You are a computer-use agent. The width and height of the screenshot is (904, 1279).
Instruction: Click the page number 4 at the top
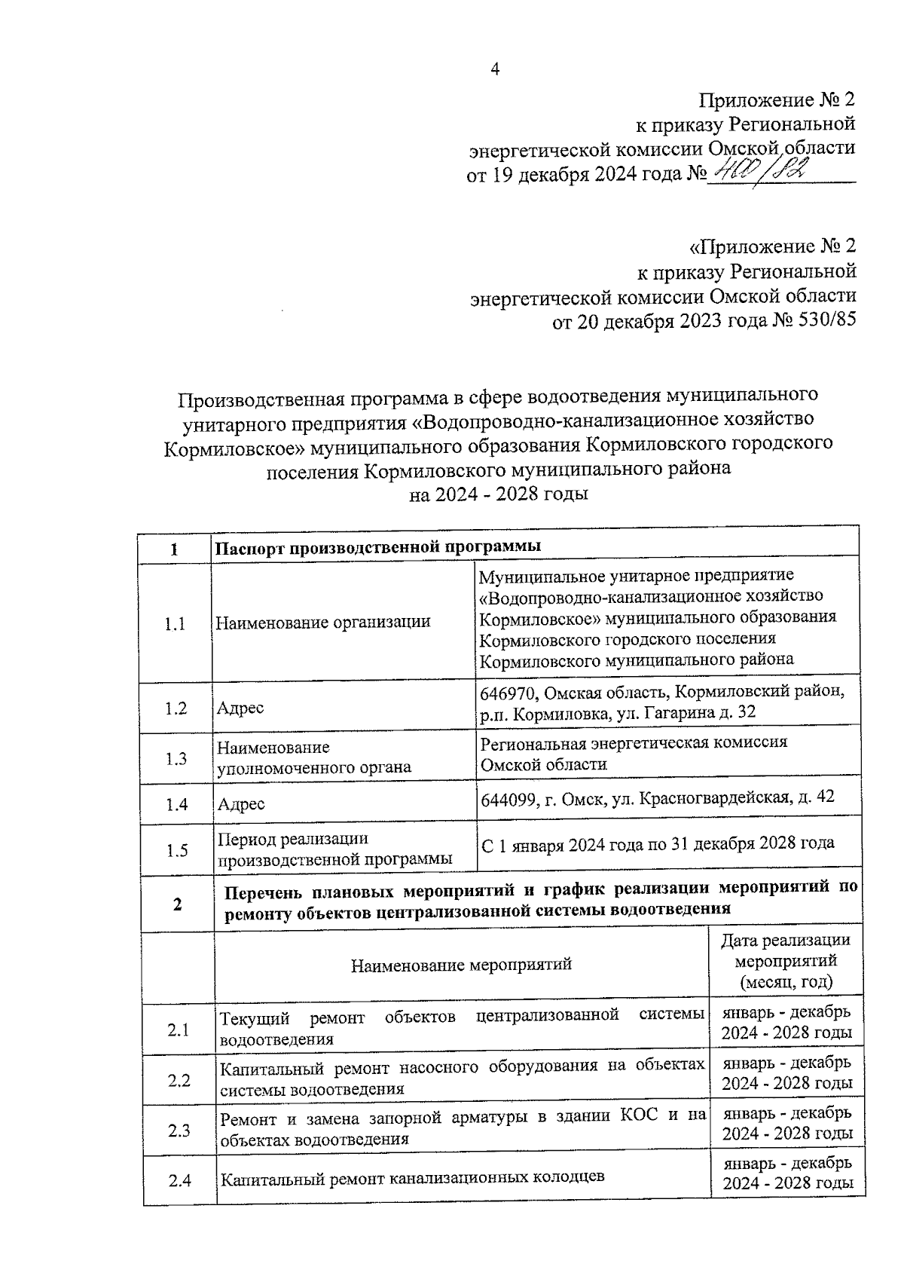(x=495, y=69)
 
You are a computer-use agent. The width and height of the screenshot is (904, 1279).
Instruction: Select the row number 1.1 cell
(x=175, y=624)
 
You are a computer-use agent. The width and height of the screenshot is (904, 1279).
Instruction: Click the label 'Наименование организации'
(x=323, y=623)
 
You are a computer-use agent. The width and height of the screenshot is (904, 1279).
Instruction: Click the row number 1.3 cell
(x=176, y=758)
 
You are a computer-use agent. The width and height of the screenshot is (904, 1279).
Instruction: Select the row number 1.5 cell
(x=177, y=850)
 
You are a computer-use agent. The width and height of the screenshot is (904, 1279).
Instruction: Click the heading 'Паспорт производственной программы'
(x=378, y=547)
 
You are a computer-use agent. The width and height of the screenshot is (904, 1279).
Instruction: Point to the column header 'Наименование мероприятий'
(x=461, y=964)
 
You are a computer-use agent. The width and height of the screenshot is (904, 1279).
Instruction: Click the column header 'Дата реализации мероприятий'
(x=786, y=961)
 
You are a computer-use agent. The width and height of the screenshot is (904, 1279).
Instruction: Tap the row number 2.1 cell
(x=179, y=1030)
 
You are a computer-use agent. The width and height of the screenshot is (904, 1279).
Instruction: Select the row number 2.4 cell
(x=179, y=1180)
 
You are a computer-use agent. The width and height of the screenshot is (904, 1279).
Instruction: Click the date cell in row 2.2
(x=787, y=1072)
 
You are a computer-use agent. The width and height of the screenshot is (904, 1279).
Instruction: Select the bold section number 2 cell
(x=177, y=904)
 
